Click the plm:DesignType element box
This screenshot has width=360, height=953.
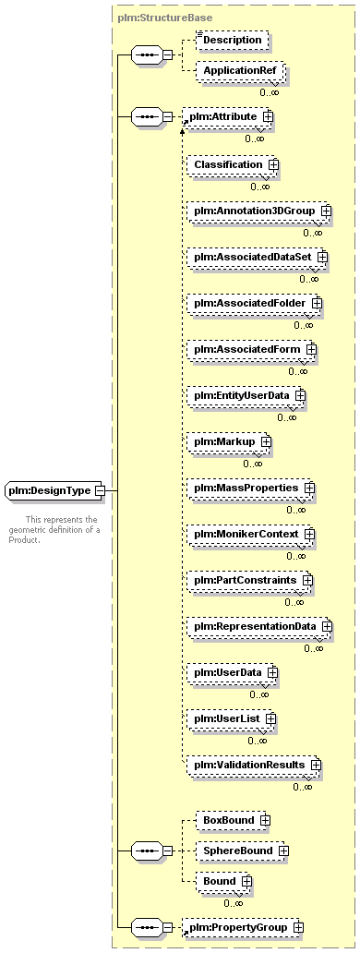point(55,490)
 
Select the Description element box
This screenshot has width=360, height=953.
point(232,40)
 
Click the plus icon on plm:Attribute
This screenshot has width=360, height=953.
point(267,116)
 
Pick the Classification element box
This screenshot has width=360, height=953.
point(233,164)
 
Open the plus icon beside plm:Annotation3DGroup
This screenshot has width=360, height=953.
point(326,211)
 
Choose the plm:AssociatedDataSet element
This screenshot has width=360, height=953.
point(258,257)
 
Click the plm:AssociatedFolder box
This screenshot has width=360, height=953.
point(255,303)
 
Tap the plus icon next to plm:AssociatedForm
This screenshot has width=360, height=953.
point(311,349)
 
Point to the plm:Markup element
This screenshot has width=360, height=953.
point(229,441)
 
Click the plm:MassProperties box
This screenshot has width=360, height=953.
point(251,489)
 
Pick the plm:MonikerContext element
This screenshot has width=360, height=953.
point(251,535)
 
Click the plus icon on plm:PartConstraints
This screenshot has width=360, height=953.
point(307,581)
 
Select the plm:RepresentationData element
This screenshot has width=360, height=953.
point(259,626)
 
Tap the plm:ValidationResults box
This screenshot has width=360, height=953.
point(255,765)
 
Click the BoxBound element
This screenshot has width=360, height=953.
point(234,821)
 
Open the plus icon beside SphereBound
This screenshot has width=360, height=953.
point(282,850)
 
